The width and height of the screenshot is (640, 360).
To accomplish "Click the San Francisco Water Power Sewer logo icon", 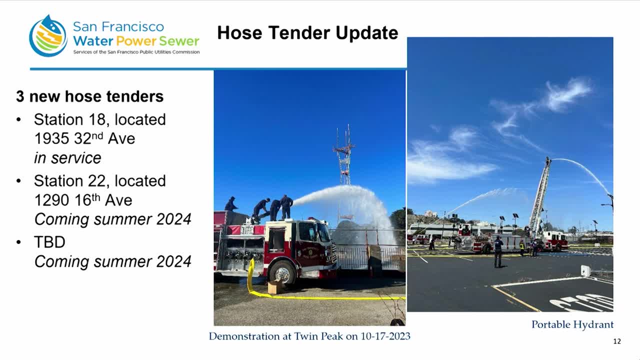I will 48,36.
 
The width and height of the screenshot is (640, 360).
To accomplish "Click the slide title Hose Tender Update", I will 307,33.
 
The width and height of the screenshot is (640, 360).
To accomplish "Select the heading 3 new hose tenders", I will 89,96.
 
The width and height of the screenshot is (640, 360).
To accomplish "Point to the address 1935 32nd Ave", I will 84,138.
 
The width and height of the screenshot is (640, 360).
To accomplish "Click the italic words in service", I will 67,158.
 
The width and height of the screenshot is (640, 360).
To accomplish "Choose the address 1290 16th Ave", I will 83,200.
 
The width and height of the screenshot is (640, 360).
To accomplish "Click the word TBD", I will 49,242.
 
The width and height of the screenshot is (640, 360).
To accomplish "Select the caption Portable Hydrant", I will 572,324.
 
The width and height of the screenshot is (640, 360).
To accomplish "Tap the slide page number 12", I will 616,341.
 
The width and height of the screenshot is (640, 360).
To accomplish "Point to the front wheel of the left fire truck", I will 282,273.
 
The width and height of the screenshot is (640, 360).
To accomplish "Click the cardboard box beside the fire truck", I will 274,287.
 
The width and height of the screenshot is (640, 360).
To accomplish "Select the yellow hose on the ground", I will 325,297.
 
